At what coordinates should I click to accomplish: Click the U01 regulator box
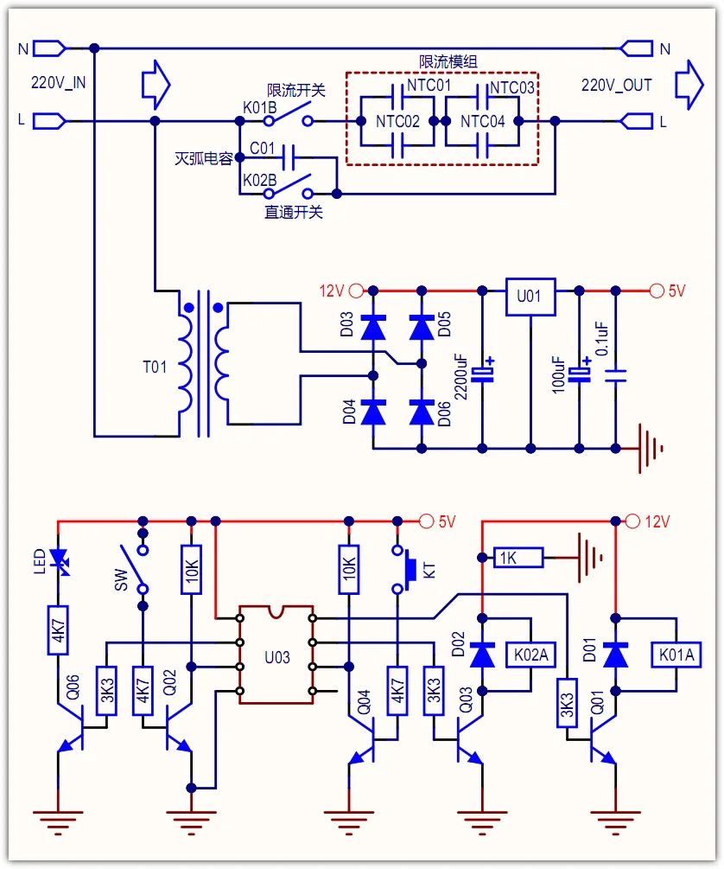pos(530,297)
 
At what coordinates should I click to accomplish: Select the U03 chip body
pos(276,655)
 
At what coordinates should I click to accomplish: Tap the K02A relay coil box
pos(530,655)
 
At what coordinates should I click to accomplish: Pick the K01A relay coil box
pos(676,655)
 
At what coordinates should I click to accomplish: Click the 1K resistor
pos(518,558)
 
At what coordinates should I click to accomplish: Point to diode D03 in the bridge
pos(373,328)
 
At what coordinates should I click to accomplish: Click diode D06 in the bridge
pos(422,412)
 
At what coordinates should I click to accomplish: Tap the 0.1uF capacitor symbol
pos(615,376)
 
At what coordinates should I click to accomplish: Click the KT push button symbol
pos(404,569)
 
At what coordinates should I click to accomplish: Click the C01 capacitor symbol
pos(288,158)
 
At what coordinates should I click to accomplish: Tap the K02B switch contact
pos(288,188)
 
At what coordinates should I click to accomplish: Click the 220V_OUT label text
pos(616,86)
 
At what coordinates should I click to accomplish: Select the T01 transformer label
pos(155,367)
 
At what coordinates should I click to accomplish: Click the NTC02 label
pos(397,121)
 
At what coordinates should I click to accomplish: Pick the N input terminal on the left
pos(50,48)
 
